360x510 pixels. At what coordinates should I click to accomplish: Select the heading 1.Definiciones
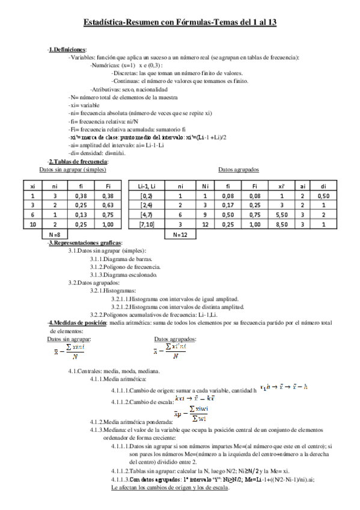(67, 49)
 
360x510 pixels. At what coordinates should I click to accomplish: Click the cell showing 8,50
(279, 224)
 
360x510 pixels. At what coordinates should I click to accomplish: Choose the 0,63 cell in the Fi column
(108, 204)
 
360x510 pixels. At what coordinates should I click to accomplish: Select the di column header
(324, 186)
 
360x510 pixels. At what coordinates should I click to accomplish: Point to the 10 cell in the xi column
(33, 224)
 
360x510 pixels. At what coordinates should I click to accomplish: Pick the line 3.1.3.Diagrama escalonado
(124, 275)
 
